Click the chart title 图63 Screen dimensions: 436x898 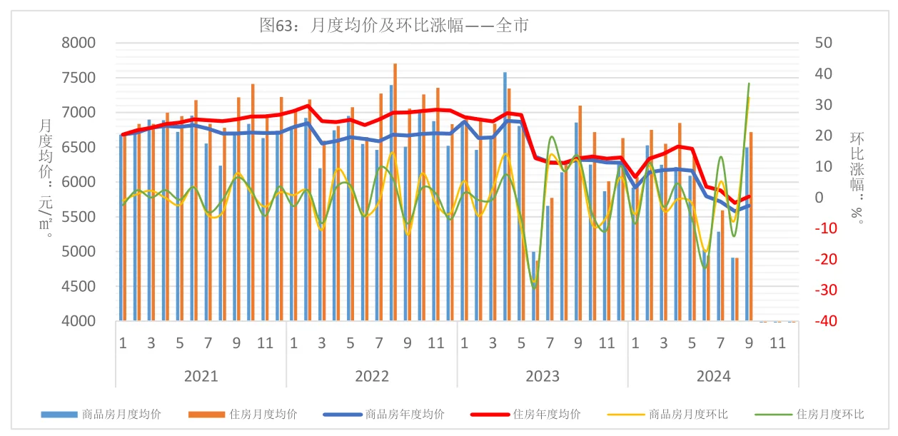click(x=393, y=26)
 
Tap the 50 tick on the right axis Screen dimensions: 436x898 click(x=823, y=43)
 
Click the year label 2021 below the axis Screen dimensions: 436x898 click(x=201, y=376)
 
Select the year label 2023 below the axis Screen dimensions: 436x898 click(x=543, y=376)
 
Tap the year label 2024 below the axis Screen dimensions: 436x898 click(x=713, y=376)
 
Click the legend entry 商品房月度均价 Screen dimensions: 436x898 click(x=121, y=414)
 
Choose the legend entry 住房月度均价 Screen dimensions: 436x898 click(x=263, y=414)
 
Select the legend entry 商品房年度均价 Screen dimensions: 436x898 click(x=405, y=414)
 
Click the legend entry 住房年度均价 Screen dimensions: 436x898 click(x=546, y=414)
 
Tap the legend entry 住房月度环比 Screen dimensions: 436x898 click(x=829, y=414)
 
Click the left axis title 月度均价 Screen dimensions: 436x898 click(x=44, y=171)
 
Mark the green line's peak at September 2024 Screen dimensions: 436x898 click(x=749, y=83)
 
